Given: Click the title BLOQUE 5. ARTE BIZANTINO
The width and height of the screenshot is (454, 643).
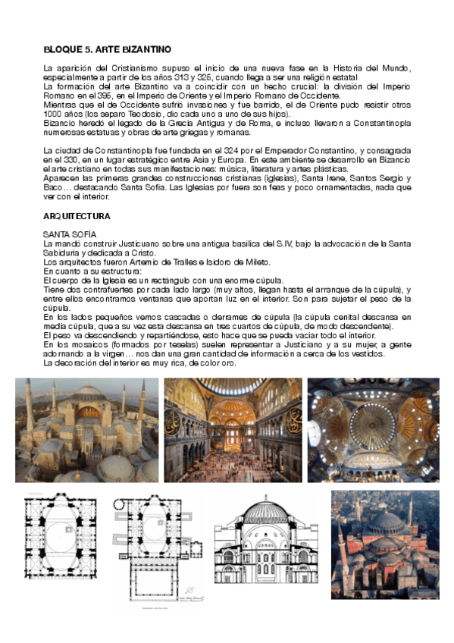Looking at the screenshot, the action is pos(107,49).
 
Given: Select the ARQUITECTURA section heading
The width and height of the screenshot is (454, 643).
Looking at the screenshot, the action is pos(77,216).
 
